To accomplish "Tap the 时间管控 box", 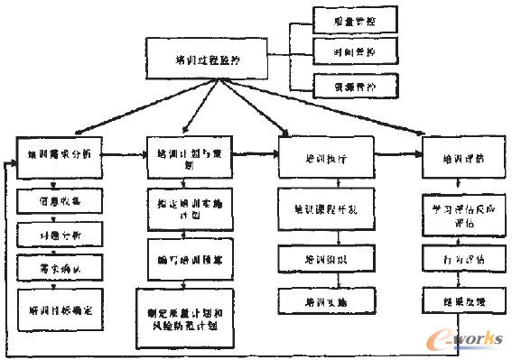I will coord(344,52).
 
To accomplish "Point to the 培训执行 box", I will coord(326,157).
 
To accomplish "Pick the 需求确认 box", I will coord(61,268).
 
